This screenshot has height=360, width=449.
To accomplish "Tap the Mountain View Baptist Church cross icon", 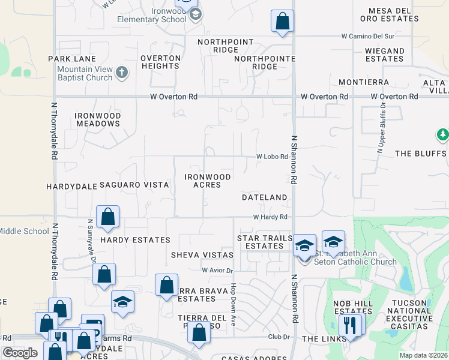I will pyautogui.click(x=122, y=73).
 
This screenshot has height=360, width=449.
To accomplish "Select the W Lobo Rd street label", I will pyautogui.click(x=273, y=157).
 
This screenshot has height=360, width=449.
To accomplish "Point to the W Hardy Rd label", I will pyautogui.click(x=270, y=217).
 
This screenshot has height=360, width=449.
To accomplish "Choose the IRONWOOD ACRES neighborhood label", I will pyautogui.click(x=207, y=181).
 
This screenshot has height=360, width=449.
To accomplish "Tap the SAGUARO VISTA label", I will pyautogui.click(x=134, y=185).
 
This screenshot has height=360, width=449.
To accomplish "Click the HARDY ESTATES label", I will pyautogui.click(x=135, y=240).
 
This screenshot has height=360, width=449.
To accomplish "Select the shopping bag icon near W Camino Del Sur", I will pyautogui.click(x=282, y=22).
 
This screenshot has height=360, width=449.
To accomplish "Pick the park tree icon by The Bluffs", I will pyautogui.click(x=443, y=136).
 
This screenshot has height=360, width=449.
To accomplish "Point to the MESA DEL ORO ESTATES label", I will pyautogui.click(x=393, y=15).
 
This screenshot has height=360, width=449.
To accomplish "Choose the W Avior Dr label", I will pyautogui.click(x=217, y=271).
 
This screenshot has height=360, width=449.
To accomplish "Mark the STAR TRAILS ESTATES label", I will pyautogui.click(x=265, y=242).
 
